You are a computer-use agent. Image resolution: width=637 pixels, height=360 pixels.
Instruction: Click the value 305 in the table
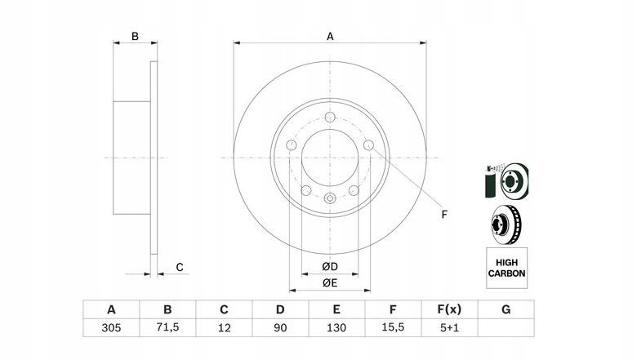pyautogui.click(x=111, y=327)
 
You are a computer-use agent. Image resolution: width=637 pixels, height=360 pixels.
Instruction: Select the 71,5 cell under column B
pyautogui.click(x=167, y=327)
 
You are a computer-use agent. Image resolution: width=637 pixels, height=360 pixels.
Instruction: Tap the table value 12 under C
pyautogui.click(x=224, y=327)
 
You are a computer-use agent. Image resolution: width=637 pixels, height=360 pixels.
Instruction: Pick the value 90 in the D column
pyautogui.click(x=280, y=327)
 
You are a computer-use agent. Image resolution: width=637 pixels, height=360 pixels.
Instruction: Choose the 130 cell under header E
pyautogui.click(x=336, y=327)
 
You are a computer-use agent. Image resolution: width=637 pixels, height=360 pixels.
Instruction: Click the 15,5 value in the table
pyautogui.click(x=393, y=327)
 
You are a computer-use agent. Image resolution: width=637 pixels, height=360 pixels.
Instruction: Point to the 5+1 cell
pyautogui.click(x=449, y=327)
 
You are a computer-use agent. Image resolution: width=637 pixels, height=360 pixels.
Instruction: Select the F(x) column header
pyautogui.click(x=449, y=309)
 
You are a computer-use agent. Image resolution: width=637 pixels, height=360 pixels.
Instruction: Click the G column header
pyautogui.click(x=506, y=309)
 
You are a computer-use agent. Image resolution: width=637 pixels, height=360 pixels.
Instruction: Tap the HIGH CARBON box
pyautogui.click(x=506, y=268)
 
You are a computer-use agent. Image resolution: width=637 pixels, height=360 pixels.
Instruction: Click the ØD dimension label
pyautogui.click(x=330, y=267)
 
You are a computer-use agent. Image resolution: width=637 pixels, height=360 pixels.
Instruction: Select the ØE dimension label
pyautogui.click(x=330, y=283)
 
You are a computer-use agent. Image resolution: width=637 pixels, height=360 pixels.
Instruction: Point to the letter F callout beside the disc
pyautogui.click(x=444, y=215)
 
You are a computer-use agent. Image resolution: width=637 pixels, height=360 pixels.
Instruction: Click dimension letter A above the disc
pyautogui.click(x=330, y=37)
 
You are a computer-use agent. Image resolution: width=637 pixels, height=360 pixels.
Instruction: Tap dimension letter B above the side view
pyautogui.click(x=135, y=37)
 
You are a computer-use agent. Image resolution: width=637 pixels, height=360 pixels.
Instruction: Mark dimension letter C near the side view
pyautogui.click(x=180, y=267)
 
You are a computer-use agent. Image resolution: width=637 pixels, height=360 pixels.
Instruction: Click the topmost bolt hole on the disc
pyautogui.click(x=330, y=117)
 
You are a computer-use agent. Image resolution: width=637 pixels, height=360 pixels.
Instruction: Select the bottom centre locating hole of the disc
pyautogui.click(x=330, y=198)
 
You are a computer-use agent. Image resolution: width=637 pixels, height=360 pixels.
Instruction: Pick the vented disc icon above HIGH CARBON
pyautogui.click(x=506, y=224)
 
